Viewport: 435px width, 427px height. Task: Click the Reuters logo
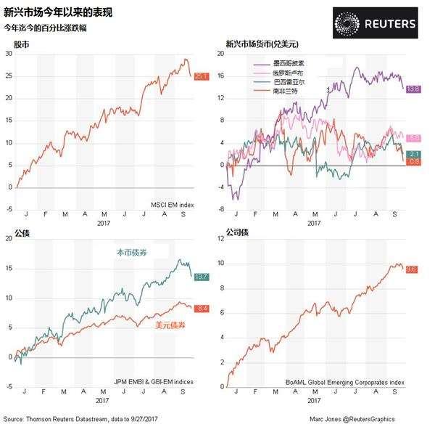(376, 23)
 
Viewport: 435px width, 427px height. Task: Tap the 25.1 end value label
(202, 76)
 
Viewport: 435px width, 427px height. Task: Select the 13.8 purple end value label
(413, 89)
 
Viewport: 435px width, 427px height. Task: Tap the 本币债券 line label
(133, 253)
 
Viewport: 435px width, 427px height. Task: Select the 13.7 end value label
(202, 277)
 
